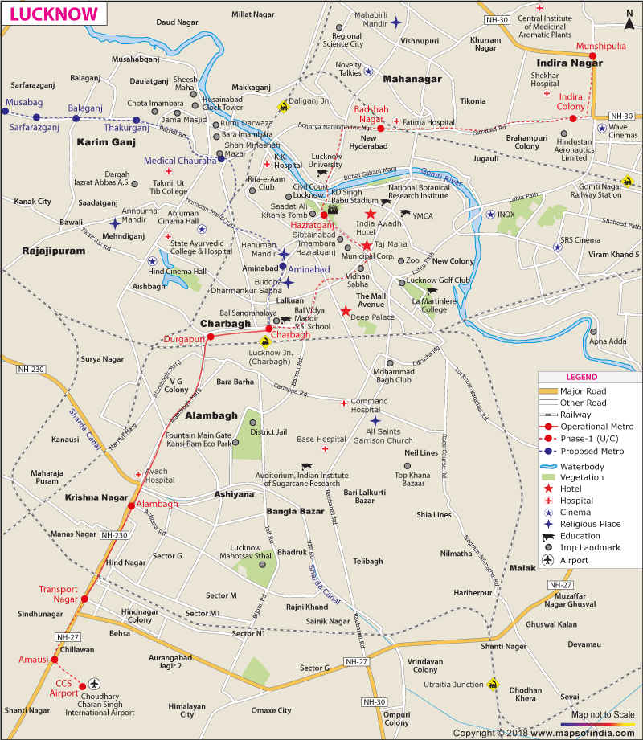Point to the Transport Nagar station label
pos(59,594)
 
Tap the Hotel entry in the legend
pos(576,489)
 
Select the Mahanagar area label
pos(412,79)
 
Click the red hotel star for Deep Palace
pos(346,311)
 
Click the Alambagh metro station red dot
pos(130,505)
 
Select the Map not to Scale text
pos(603,715)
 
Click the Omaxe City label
pos(271,710)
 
